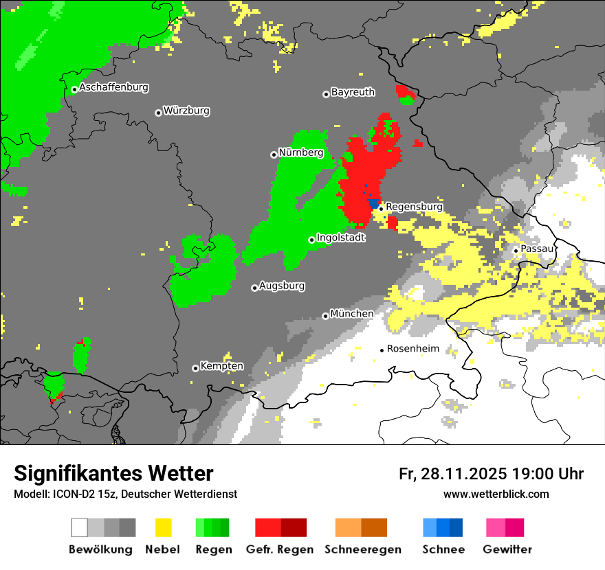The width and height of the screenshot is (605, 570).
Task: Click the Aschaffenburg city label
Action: pyautogui.click(x=113, y=88)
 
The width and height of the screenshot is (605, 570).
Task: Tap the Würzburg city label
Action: pyautogui.click(x=186, y=111)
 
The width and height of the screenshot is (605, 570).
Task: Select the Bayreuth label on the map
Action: pyautogui.click(x=353, y=92)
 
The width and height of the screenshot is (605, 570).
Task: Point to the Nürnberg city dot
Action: pyautogui.click(x=274, y=155)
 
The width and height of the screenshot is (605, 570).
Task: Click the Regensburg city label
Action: pyautogui.click(x=414, y=207)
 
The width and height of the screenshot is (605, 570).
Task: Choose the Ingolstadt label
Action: pyautogui.click(x=341, y=238)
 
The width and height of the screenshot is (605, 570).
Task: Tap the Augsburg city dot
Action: pyautogui.click(x=254, y=288)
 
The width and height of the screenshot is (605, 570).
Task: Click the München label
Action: pyautogui.click(x=352, y=314)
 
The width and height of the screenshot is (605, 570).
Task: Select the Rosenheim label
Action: pyautogui.click(x=412, y=349)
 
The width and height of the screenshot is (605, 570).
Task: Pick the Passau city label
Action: pyautogui.click(x=537, y=249)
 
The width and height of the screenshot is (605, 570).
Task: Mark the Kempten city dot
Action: pyautogui.click(x=195, y=368)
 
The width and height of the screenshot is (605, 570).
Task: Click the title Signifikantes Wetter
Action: pyautogui.click(x=113, y=473)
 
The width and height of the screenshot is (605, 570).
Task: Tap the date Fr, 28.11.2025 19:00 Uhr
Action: pyautogui.click(x=491, y=474)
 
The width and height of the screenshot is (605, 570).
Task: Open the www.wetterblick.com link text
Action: pyautogui.click(x=496, y=494)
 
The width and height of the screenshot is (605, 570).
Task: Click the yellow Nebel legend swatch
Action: pyautogui.click(x=164, y=527)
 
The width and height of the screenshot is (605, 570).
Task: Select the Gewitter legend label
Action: pyautogui.click(x=507, y=549)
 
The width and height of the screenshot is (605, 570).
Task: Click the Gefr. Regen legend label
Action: pyautogui.click(x=280, y=549)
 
